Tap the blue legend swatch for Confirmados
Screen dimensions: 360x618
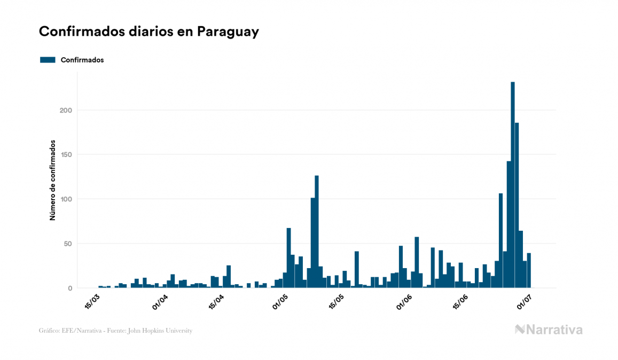click(48, 60)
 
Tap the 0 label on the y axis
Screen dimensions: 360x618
click(70, 288)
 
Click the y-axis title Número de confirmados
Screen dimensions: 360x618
click(52, 181)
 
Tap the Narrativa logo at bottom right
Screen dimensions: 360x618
click(549, 330)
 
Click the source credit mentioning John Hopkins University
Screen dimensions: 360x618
click(115, 331)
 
